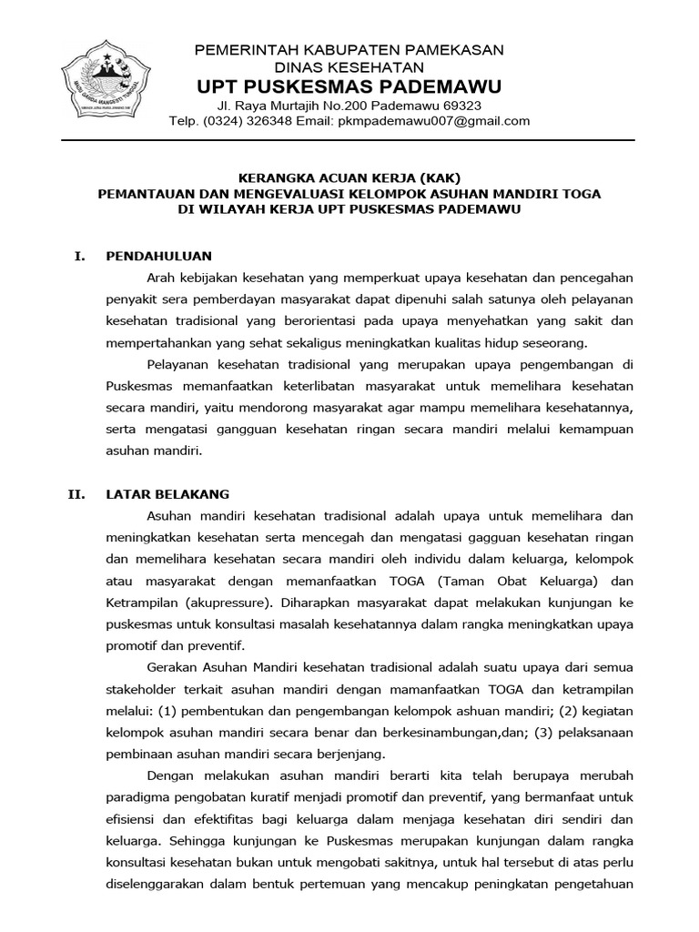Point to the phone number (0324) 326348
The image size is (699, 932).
coord(247,121)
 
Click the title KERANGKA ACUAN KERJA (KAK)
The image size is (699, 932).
coord(349,177)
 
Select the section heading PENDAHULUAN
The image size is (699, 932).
coord(158,256)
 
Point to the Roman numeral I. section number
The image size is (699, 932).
coord(79,256)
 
